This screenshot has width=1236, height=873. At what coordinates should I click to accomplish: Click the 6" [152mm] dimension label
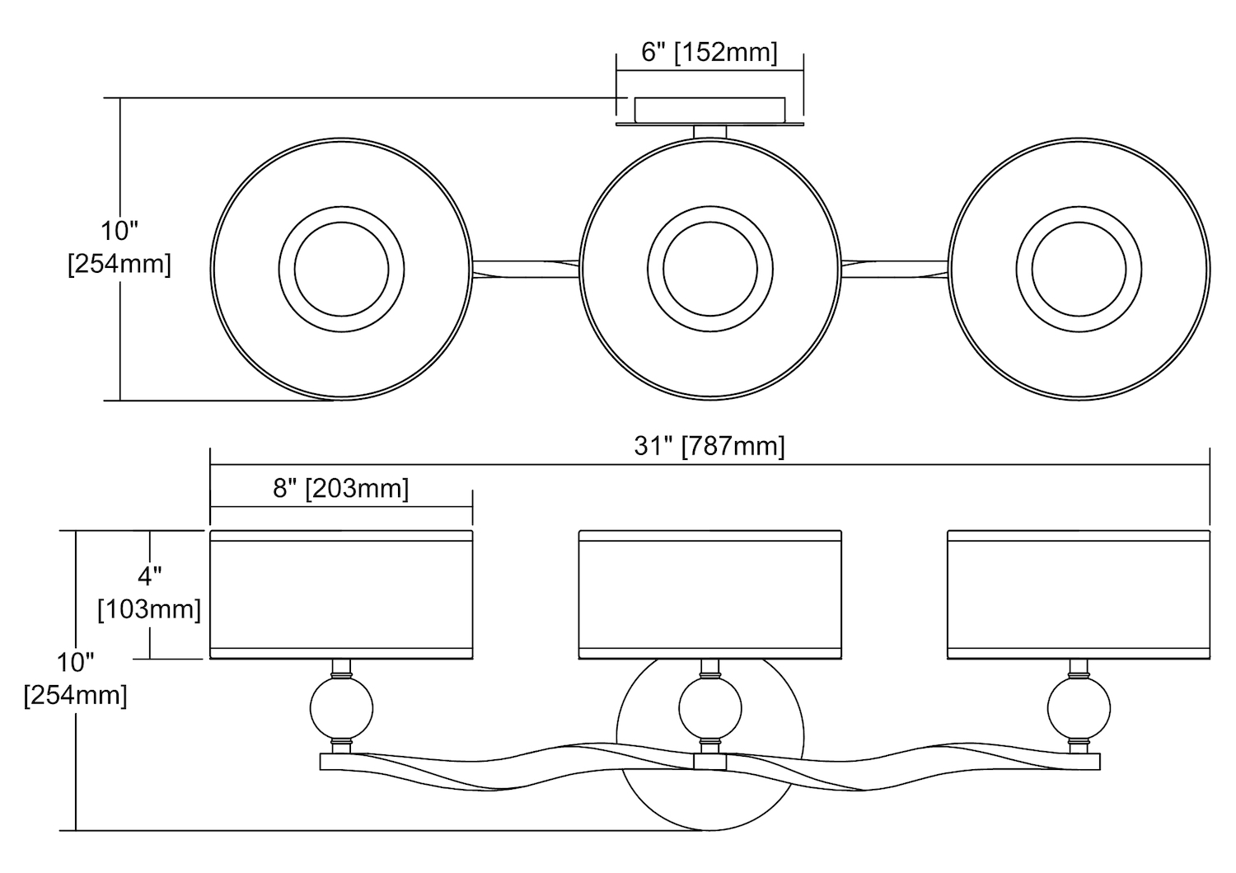[x=709, y=53]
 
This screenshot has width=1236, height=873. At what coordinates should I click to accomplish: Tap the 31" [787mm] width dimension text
[x=709, y=446]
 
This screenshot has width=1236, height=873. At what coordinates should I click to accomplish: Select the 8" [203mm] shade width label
[x=341, y=489]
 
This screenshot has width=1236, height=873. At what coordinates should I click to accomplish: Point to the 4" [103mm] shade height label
[x=150, y=593]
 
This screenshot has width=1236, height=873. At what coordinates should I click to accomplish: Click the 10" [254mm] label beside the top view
[x=119, y=247]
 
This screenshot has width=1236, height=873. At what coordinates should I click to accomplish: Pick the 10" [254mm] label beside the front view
[x=76, y=678]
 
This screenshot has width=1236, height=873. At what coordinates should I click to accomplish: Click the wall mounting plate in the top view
[x=709, y=110]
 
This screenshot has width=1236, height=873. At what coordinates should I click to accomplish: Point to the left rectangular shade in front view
[x=341, y=595]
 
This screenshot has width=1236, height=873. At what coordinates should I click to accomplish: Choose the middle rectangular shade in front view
[x=709, y=595]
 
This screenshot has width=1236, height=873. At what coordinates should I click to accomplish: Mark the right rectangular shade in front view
[x=1079, y=595]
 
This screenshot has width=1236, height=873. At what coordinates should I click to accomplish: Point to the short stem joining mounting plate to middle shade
[x=709, y=131]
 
